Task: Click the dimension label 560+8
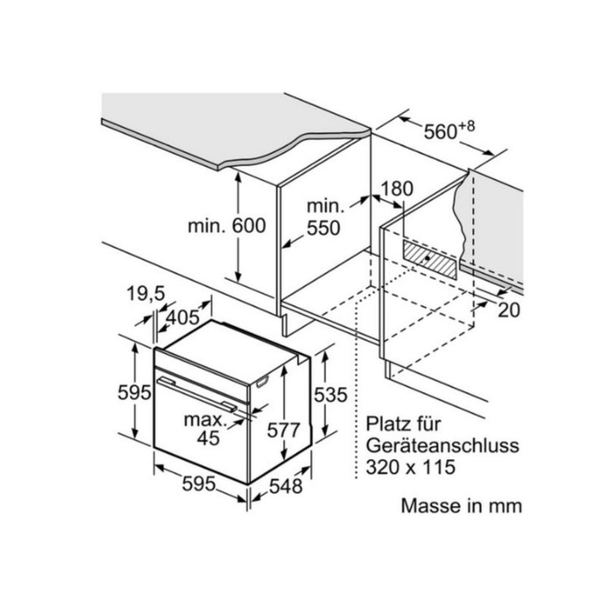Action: [x=448, y=131]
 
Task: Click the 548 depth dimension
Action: [x=287, y=486]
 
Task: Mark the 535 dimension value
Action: [x=331, y=395]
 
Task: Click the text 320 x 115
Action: [x=410, y=467]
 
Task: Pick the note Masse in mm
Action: [x=461, y=506]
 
